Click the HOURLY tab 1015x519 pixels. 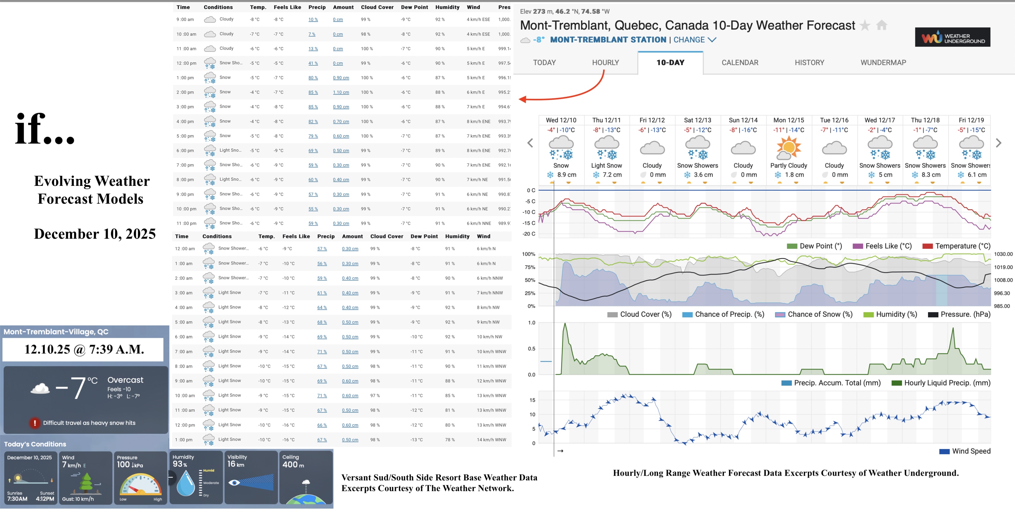605,63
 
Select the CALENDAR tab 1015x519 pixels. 740,63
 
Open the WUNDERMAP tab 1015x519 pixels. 883,63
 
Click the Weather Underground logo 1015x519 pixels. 952,37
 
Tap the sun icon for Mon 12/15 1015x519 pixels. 789,147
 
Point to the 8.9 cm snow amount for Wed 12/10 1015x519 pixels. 566,175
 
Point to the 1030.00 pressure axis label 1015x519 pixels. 1003,254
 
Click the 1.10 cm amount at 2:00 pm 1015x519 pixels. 341,92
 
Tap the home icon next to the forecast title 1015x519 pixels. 882,26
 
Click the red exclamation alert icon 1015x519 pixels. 35,423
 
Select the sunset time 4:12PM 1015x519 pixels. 45,499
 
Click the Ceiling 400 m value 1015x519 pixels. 293,465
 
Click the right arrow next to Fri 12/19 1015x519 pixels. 998,143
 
